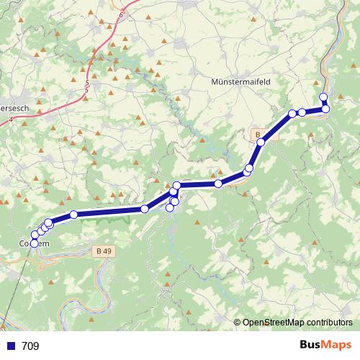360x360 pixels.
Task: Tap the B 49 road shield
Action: point(103,251)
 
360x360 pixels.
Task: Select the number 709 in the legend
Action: point(31,346)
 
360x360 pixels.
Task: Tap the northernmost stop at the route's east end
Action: point(323,97)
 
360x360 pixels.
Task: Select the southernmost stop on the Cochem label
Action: point(34,243)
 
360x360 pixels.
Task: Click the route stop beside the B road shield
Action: point(261,143)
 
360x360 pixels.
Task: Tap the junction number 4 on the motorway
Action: point(11,120)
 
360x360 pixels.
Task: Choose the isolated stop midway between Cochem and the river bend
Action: point(145,209)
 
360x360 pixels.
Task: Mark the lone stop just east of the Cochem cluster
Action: point(73,215)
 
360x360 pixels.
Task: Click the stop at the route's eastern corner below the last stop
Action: point(325,109)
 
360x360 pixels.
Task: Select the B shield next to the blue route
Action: point(258,134)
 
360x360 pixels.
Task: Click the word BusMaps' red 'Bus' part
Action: point(311,346)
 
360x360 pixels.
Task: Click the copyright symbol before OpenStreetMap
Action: point(238,323)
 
